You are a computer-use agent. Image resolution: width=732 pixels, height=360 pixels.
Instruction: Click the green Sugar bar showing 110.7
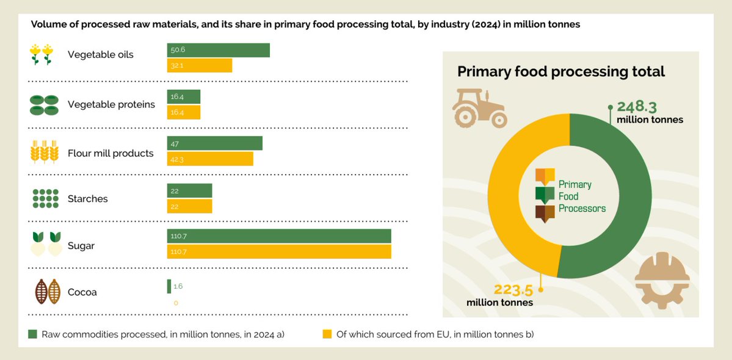[279, 236]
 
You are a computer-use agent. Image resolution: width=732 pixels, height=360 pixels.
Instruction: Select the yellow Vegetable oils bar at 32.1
[200, 65]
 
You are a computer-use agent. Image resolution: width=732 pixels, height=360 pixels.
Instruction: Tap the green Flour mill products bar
[215, 143]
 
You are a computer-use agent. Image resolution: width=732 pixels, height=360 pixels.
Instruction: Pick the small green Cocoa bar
[169, 286]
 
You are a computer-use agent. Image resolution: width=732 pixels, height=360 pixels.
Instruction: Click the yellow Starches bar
[189, 206]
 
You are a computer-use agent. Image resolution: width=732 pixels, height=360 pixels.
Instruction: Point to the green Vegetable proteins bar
[184, 96]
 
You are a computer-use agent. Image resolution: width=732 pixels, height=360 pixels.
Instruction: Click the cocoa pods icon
[47, 292]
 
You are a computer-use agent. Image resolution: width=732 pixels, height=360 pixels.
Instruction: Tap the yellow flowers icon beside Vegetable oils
[42, 54]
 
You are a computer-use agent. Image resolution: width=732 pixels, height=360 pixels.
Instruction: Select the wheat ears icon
[45, 153]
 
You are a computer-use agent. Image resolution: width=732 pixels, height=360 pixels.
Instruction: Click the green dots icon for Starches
[45, 199]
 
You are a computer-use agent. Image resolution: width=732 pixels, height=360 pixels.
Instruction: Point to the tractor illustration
[479, 108]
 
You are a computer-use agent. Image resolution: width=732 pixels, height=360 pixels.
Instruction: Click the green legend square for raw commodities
[32, 334]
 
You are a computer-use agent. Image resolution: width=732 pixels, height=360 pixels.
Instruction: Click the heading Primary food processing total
[560, 71]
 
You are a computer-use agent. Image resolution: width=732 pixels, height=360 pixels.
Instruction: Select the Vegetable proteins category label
[111, 104]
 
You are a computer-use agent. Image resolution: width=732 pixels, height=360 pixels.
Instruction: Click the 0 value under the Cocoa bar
[176, 303]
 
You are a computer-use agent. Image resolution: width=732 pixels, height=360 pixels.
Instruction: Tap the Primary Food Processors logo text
[582, 196]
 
